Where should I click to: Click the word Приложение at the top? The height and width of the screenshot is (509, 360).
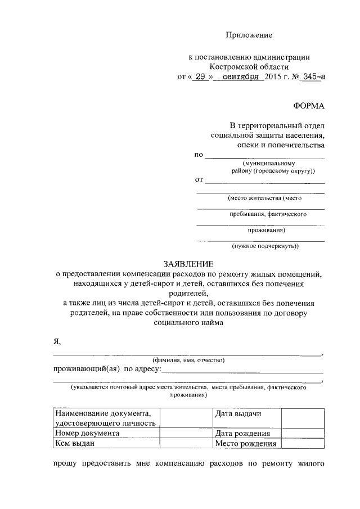pos(249,35)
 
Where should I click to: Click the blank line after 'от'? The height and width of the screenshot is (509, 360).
pos(264,181)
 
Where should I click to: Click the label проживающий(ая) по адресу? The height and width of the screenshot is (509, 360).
pos(106,369)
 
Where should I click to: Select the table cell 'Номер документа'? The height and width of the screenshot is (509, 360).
pos(87,434)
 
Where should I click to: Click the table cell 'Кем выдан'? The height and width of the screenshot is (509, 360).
pos(74,443)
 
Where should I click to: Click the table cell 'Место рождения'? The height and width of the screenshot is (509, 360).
pos(246,443)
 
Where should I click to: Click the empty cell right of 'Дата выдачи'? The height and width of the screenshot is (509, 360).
pos(303,418)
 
